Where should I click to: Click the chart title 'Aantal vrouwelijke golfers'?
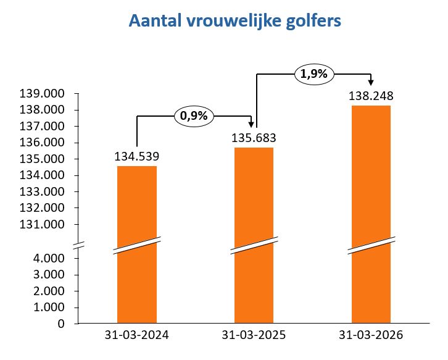pos(234,21)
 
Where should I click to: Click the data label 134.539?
pos(136,157)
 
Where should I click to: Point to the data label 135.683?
pos(254,138)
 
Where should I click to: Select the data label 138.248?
pos(371,96)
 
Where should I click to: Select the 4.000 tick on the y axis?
pos(54,258)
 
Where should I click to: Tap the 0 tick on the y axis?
pos(68,324)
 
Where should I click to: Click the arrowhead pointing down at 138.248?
pos(371,83)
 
